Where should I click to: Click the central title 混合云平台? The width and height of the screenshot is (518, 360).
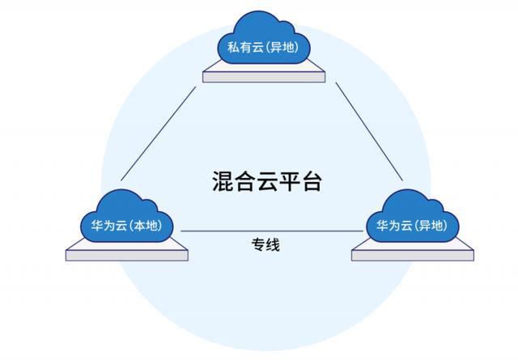(267, 181)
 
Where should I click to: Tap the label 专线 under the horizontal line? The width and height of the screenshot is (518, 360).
(265, 245)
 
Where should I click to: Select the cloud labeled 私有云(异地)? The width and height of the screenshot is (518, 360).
(264, 38)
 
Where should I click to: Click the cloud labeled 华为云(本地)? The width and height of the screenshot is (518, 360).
(127, 216)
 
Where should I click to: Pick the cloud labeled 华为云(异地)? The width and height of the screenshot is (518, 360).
(413, 216)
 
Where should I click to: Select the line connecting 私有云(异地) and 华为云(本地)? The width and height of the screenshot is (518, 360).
(159, 133)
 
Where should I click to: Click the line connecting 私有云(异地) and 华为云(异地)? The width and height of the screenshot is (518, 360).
(369, 132)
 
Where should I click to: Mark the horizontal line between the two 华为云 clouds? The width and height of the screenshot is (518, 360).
(272, 231)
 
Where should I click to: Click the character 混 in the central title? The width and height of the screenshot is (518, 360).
(223, 181)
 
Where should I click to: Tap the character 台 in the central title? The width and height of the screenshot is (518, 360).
(311, 181)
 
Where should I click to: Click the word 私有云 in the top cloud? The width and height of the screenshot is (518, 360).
(245, 47)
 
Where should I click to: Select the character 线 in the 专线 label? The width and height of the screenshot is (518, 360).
(273, 245)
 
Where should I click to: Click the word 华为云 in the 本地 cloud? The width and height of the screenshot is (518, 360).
(109, 226)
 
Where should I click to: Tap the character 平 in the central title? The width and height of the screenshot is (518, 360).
(289, 181)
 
